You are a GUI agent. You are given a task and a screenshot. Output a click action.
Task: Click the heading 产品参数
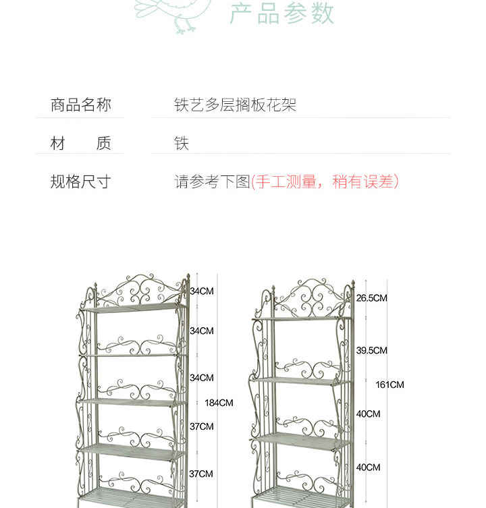pyautogui.click(x=282, y=13)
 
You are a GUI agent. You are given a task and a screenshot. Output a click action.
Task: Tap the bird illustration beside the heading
pyautogui.click(x=171, y=13)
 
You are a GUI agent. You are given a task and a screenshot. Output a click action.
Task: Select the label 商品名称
pyautogui.click(x=80, y=105)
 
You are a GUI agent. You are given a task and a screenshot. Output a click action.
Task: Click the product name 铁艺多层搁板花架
pyautogui.click(x=235, y=105)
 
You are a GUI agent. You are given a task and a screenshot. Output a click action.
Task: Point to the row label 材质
pyautogui.click(x=80, y=144)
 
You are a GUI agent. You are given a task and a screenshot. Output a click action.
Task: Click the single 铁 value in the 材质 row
pyautogui.click(x=182, y=144)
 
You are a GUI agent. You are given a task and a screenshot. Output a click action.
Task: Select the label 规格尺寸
pyautogui.click(x=80, y=182)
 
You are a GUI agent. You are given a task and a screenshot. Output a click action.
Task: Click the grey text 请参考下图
pyautogui.click(x=212, y=182)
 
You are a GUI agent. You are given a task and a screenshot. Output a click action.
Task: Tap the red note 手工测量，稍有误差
pyautogui.click(x=325, y=182)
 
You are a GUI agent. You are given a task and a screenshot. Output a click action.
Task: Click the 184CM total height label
pyautogui.click(x=219, y=403)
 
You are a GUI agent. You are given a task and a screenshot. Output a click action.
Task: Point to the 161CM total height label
pyautogui.click(x=389, y=385)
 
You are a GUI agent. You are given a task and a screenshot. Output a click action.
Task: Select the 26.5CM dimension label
pyautogui.click(x=371, y=298)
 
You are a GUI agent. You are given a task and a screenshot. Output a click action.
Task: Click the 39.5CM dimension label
pyautogui.click(x=371, y=351)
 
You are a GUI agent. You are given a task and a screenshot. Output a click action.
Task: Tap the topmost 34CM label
pyautogui.click(x=201, y=291)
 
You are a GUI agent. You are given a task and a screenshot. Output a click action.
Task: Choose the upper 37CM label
pyautogui.click(x=201, y=426)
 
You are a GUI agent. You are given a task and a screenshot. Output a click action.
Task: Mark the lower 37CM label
pyautogui.click(x=201, y=474)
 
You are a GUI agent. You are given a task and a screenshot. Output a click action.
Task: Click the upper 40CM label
pyautogui.click(x=368, y=414)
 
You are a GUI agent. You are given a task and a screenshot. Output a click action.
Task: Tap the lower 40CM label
pyautogui.click(x=368, y=468)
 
